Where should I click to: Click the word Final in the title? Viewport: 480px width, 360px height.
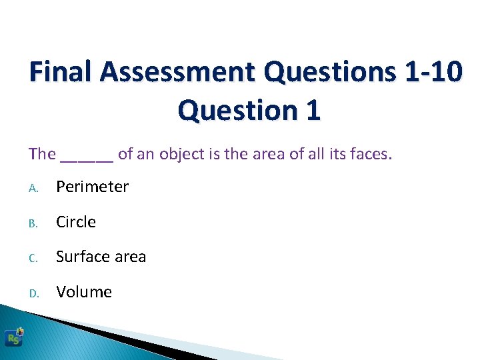point(61,71)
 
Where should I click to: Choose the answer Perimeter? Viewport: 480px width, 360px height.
point(92,187)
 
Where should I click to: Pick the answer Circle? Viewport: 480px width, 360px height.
point(76,222)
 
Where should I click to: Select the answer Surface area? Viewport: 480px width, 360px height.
point(101,257)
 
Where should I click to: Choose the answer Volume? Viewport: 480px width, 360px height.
point(84,292)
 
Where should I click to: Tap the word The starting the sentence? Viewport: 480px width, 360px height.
point(42,154)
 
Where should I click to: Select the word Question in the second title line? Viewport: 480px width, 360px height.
point(237,110)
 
